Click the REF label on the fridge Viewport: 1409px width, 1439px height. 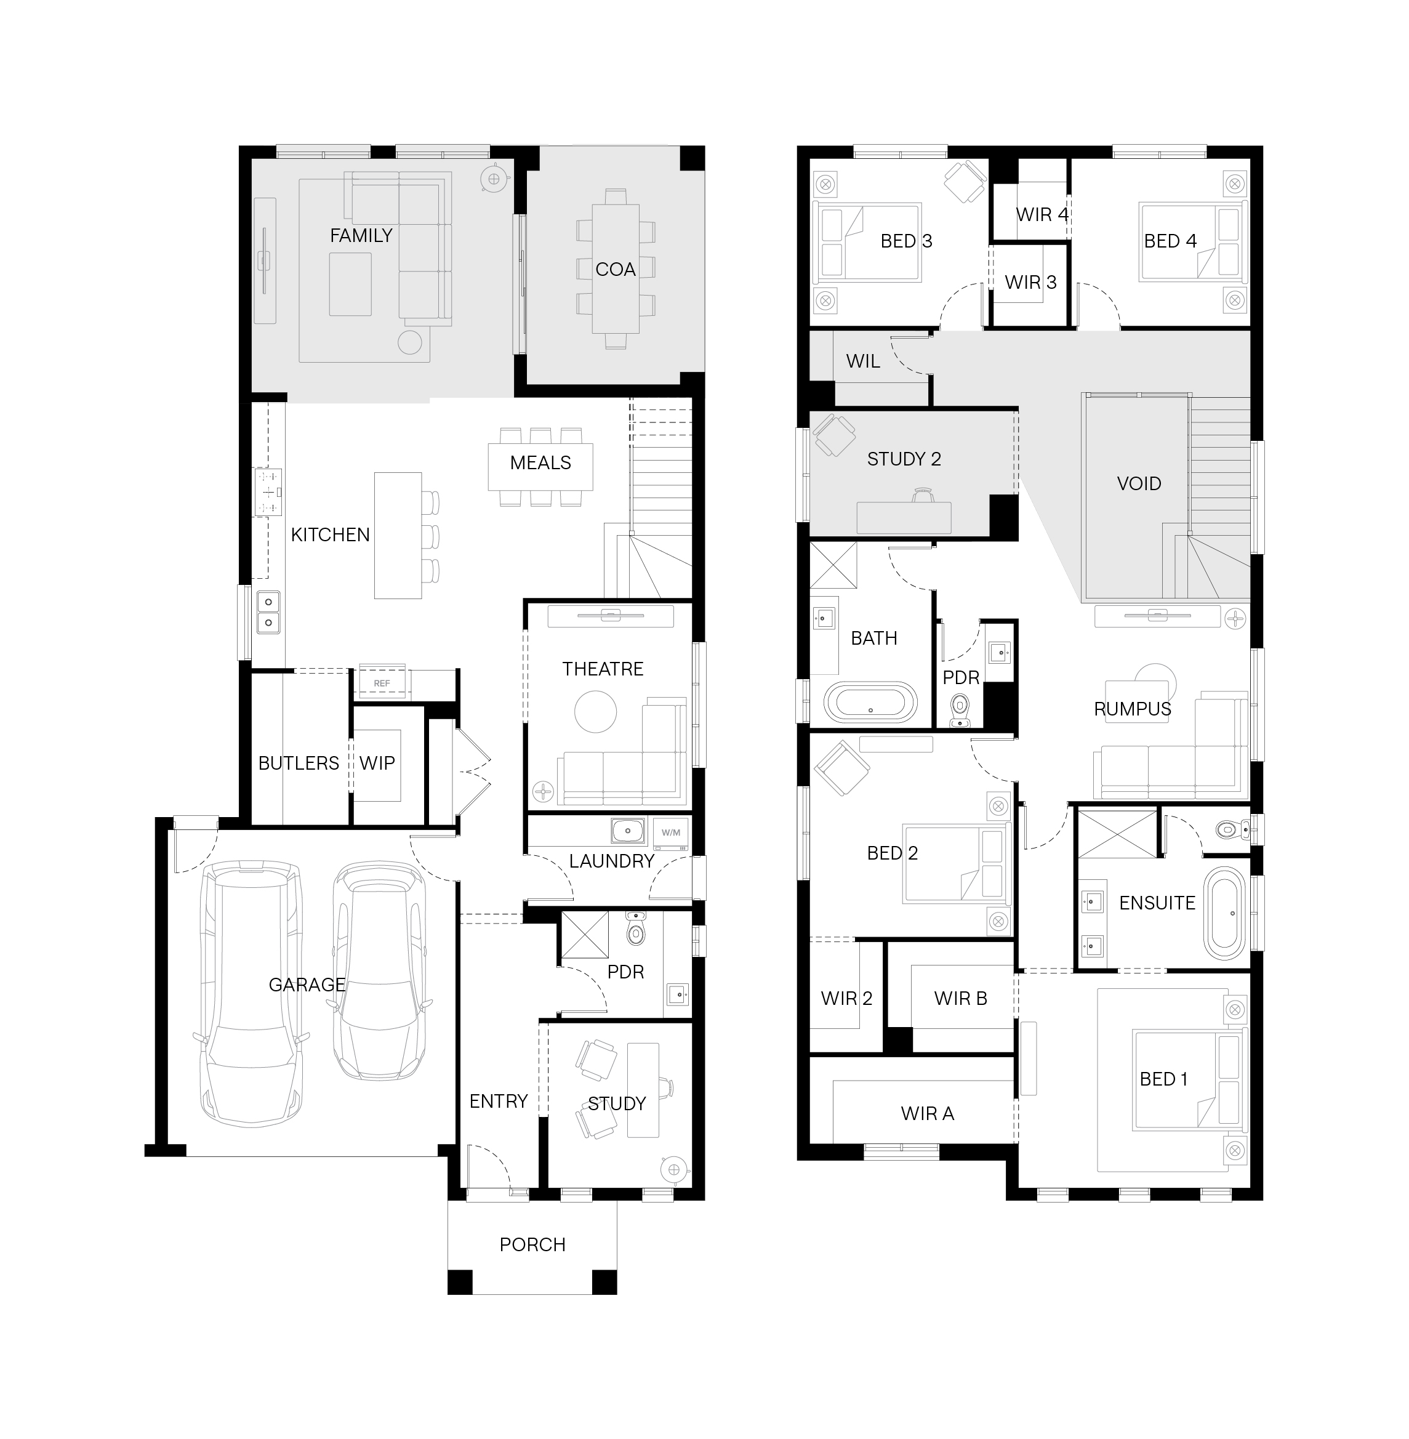[382, 683]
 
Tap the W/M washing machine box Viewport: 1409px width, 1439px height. [670, 832]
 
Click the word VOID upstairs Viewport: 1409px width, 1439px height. [1139, 483]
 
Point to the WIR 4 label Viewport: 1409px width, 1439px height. [1043, 215]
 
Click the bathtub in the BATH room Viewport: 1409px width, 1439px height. [870, 703]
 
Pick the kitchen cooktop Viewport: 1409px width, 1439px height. [268, 492]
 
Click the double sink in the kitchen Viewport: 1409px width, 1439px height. [268, 612]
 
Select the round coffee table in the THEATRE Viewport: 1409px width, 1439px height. [595, 711]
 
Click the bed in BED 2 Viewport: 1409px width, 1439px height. [956, 864]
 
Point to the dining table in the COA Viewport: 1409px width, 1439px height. [616, 268]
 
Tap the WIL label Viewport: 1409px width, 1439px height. [863, 361]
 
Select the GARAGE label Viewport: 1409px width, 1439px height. [307, 985]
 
